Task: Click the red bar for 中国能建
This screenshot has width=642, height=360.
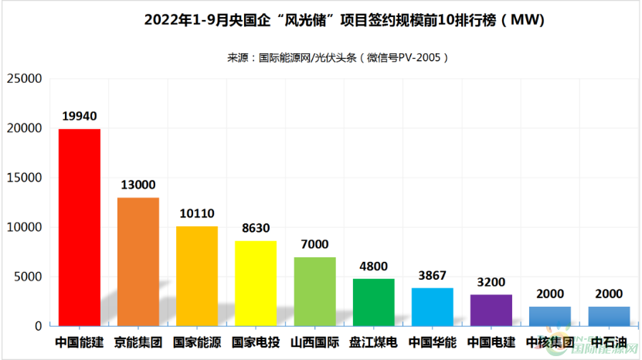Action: pyautogui.click(x=80, y=227)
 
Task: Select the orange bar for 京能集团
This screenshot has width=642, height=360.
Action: pyautogui.click(x=138, y=262)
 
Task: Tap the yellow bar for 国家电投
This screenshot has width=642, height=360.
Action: pyautogui.click(x=256, y=284)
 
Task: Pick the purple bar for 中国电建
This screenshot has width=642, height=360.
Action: pyautogui.click(x=491, y=310)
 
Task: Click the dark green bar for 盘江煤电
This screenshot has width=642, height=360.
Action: pyautogui.click(x=374, y=302)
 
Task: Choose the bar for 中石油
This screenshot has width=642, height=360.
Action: pyautogui.click(x=609, y=316)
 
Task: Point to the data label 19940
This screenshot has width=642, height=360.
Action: pyautogui.click(x=80, y=117)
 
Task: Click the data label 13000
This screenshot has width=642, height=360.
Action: pyautogui.click(x=138, y=185)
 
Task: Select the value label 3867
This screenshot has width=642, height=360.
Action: pyautogui.click(x=433, y=275)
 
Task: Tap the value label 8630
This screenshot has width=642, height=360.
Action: pyautogui.click(x=256, y=228)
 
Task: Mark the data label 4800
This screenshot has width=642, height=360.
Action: pyautogui.click(x=374, y=266)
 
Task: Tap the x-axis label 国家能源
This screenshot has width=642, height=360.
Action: pyautogui.click(x=197, y=341)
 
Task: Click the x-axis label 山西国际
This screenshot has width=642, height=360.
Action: pyautogui.click(x=314, y=341)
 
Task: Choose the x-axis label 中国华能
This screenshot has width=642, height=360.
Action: pyautogui.click(x=433, y=341)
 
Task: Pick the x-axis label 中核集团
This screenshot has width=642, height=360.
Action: pyautogui.click(x=550, y=341)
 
